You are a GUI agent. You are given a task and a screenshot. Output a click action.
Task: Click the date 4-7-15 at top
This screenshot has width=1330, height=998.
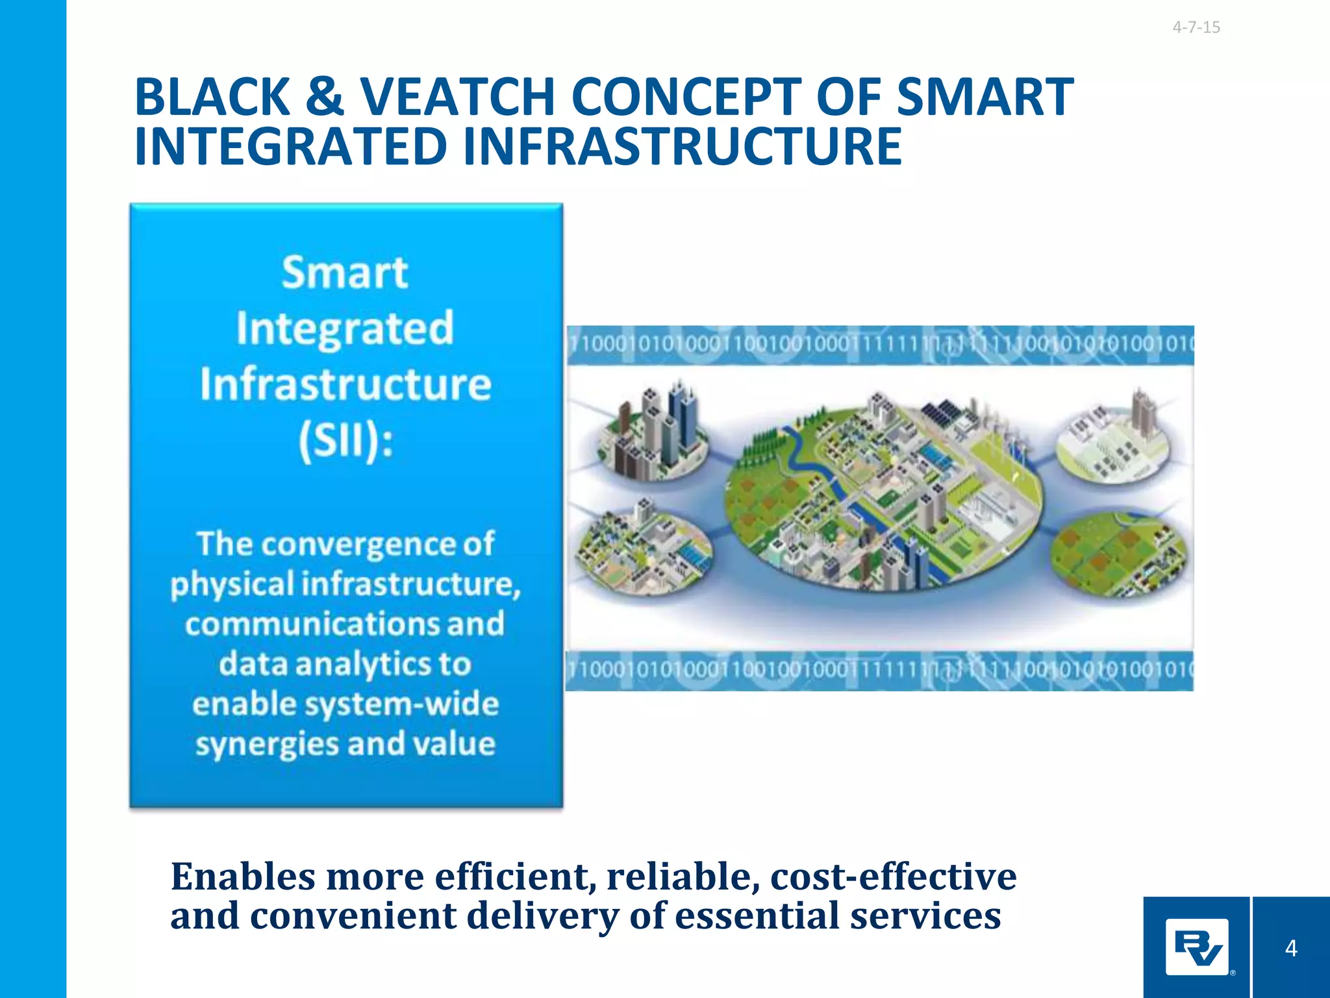pyautogui.click(x=1196, y=27)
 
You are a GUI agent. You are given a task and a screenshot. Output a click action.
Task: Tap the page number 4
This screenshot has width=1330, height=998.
pyautogui.click(x=1290, y=948)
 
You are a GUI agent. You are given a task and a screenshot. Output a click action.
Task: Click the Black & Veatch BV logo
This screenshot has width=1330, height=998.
pyautogui.click(x=1196, y=947)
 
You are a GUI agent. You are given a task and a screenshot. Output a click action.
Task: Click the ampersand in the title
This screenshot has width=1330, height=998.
pyautogui.click(x=324, y=97)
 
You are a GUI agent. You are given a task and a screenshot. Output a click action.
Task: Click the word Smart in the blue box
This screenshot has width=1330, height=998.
pyautogui.click(x=345, y=272)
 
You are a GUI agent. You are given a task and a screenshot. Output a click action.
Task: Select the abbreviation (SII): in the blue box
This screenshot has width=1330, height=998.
pyautogui.click(x=345, y=441)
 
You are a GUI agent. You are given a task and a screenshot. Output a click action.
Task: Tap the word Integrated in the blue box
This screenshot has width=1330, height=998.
pyautogui.click(x=345, y=329)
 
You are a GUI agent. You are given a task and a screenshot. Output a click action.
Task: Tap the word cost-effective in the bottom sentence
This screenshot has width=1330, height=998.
pyautogui.click(x=893, y=876)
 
